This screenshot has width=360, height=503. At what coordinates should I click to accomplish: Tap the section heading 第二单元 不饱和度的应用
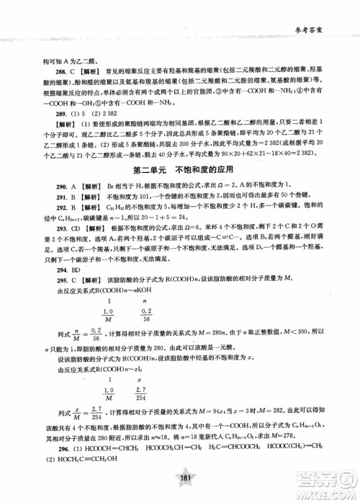click(x=179, y=171)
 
